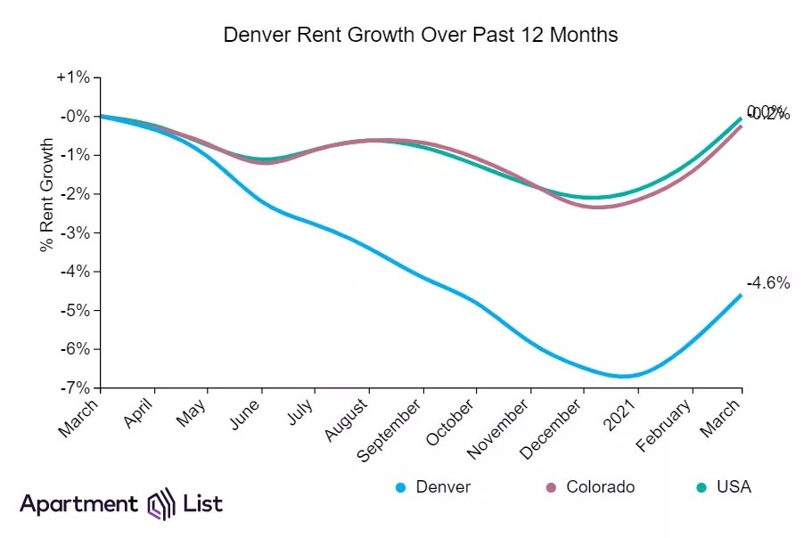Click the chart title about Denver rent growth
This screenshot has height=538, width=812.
tap(420, 36)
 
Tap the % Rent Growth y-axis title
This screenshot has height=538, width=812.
tap(46, 195)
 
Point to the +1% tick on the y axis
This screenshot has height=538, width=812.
tap(73, 77)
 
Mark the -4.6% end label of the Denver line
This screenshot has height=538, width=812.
tap(767, 283)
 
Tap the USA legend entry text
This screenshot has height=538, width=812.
tap(734, 487)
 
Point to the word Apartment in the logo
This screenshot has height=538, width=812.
tap(78, 504)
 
